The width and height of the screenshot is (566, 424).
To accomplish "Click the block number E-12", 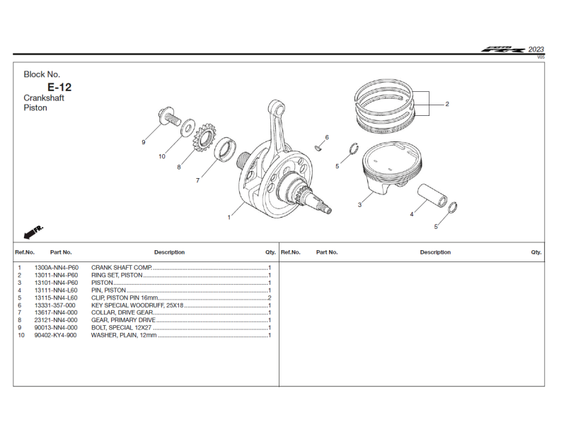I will [x=59, y=87].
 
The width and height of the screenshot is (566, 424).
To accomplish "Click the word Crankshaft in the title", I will [x=44, y=98].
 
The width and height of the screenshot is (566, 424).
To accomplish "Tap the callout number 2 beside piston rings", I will [x=447, y=104].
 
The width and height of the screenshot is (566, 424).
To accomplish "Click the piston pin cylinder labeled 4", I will [x=434, y=196].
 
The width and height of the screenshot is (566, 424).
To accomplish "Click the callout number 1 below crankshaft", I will [x=229, y=218].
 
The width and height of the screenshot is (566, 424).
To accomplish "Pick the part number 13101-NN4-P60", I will [x=56, y=283].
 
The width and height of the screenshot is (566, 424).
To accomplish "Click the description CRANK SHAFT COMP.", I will [x=122, y=268].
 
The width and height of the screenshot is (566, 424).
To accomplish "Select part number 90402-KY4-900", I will [x=55, y=335].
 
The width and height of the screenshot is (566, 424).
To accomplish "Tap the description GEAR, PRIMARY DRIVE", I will [x=123, y=320].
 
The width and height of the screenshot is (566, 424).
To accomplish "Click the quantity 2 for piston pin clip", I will [x=270, y=298].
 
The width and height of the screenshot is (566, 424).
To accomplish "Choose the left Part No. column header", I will [x=61, y=252].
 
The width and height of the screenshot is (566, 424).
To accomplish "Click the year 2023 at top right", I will [x=536, y=49].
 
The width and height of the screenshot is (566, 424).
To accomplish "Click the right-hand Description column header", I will [x=435, y=252].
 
